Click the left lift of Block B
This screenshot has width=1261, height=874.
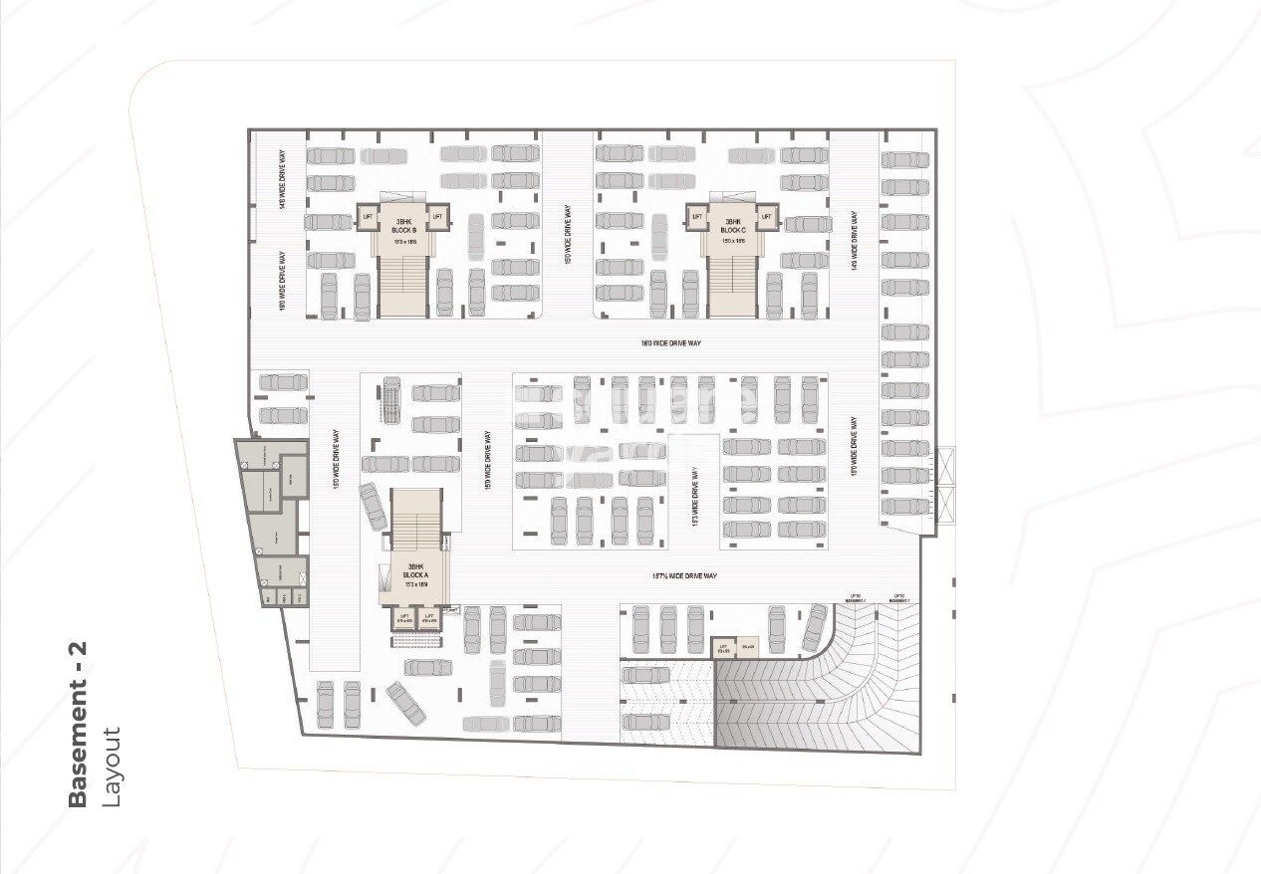click(x=369, y=216)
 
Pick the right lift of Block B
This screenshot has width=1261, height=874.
click(x=436, y=216)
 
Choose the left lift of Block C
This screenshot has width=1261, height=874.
click(x=697, y=216)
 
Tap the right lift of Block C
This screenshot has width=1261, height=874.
click(x=766, y=216)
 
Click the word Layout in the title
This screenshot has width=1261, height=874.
click(x=111, y=767)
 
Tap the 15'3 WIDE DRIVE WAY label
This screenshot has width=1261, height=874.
click(x=695, y=496)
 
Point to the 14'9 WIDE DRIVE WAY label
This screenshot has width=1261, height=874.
click(x=854, y=240)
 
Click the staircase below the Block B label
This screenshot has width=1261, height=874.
click(x=403, y=284)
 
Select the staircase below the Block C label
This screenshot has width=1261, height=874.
click(x=734, y=284)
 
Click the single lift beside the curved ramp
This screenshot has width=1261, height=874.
click(x=724, y=648)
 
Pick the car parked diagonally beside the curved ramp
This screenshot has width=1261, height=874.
click(x=816, y=627)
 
